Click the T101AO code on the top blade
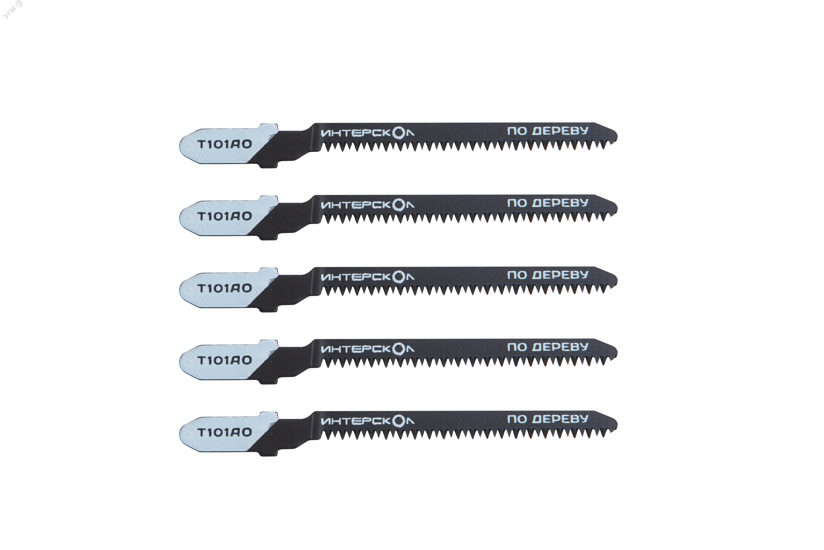pyautogui.click(x=225, y=144)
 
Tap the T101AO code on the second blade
pyautogui.click(x=225, y=216)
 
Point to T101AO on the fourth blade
pyautogui.click(x=225, y=360)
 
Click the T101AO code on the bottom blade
pyautogui.click(x=225, y=432)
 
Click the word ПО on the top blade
pyautogui.click(x=517, y=131)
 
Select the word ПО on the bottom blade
pyautogui.click(x=517, y=419)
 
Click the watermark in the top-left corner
pyautogui.click(x=12, y=9)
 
